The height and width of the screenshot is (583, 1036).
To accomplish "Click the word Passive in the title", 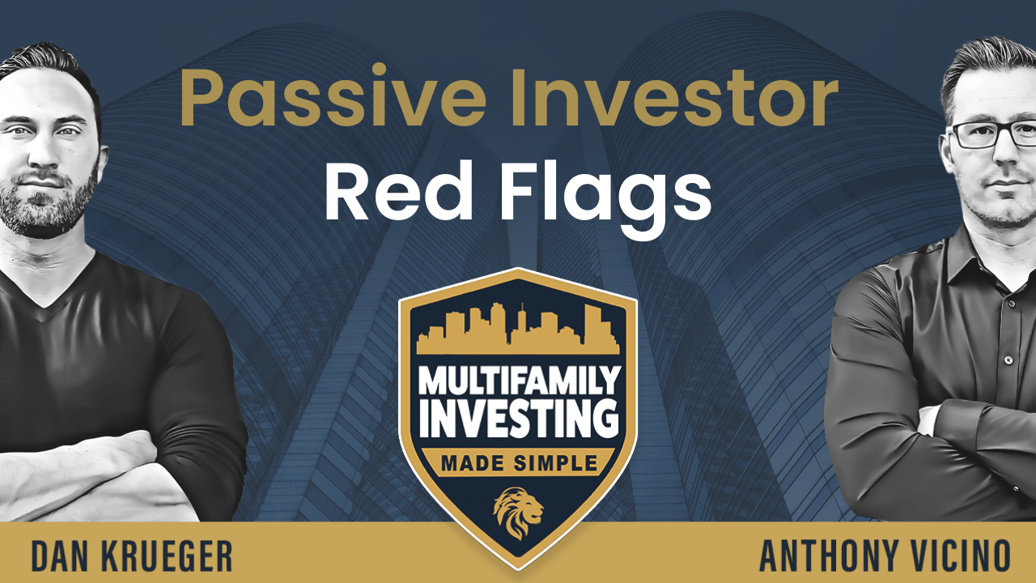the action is coord(333,98).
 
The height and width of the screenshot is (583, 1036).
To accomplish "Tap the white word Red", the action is coord(399,190).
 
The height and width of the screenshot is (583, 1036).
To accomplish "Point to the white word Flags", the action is coord(605,196).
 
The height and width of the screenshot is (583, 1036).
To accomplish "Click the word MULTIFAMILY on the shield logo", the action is coord(519,380).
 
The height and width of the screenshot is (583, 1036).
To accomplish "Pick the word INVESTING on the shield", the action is coord(519,418).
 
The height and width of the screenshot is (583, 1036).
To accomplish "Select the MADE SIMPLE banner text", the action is coord(519,463).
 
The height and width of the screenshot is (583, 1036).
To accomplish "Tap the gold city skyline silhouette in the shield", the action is coord(518,330).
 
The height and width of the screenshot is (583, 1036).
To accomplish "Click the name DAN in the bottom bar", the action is coord(60,555).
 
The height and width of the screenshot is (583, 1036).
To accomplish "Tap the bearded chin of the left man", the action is coord(44,218).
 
